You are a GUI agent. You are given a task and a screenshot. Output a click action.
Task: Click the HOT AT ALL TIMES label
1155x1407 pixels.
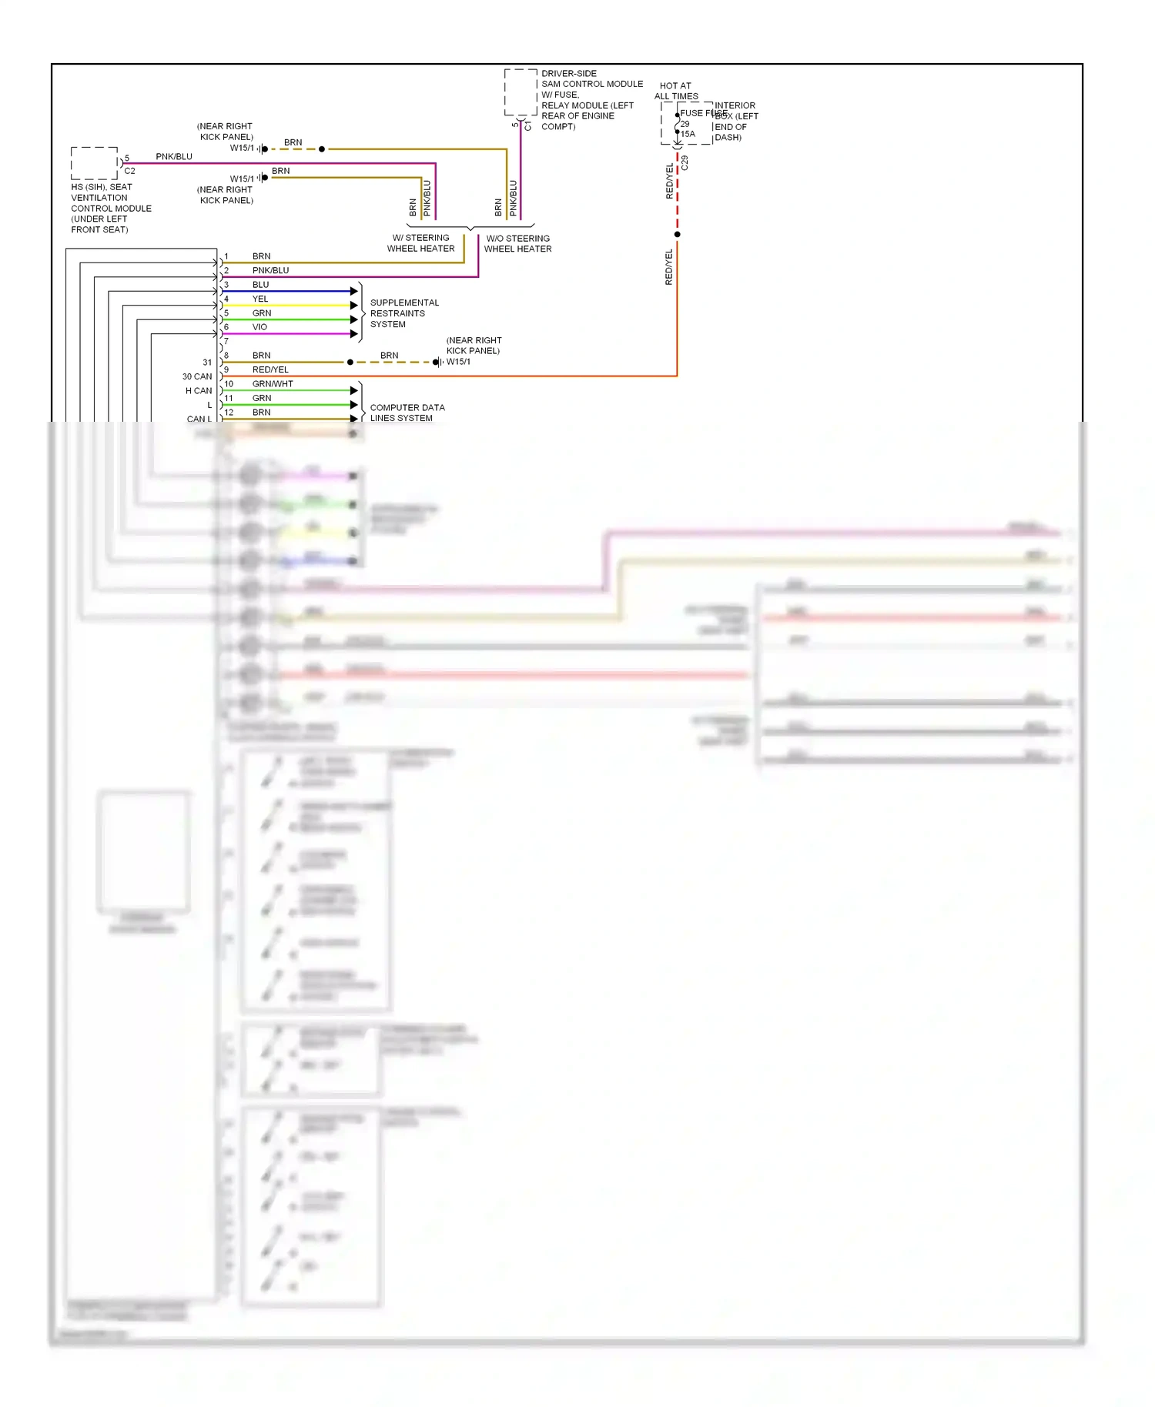676,91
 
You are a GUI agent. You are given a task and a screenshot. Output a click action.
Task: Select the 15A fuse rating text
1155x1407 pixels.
688,134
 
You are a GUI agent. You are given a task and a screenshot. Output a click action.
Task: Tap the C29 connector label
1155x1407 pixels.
685,163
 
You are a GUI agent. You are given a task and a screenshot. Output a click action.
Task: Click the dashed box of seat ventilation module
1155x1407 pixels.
95,163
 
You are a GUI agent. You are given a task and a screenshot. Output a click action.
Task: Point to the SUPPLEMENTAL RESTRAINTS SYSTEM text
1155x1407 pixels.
403,313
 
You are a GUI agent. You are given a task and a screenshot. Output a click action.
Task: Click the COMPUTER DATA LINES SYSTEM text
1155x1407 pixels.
407,413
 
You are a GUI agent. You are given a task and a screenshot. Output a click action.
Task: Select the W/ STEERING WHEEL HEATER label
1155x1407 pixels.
420,243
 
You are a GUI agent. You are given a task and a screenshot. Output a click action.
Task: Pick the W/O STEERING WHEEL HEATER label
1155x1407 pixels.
517,243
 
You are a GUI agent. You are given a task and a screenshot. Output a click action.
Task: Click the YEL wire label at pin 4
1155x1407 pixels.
260,299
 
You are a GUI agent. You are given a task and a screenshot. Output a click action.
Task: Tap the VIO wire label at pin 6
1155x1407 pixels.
260,327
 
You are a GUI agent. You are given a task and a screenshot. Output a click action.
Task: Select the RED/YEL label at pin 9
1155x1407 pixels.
270,369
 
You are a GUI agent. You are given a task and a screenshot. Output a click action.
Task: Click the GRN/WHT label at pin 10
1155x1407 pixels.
273,383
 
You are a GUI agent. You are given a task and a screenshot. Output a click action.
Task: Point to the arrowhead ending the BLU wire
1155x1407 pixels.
354,291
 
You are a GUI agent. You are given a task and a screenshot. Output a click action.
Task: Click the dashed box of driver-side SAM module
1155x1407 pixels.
521,92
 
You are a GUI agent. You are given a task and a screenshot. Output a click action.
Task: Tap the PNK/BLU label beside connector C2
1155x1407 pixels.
174,156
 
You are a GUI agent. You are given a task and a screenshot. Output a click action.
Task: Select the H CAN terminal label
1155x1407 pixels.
199,391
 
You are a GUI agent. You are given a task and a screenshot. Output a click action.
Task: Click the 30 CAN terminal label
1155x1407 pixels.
197,376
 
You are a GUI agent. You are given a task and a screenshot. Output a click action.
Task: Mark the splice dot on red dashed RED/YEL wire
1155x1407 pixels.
677,234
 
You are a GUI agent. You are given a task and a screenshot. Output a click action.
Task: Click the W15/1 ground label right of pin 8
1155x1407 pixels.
458,362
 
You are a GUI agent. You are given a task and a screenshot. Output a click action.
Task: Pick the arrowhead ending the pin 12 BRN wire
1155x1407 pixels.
354,419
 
